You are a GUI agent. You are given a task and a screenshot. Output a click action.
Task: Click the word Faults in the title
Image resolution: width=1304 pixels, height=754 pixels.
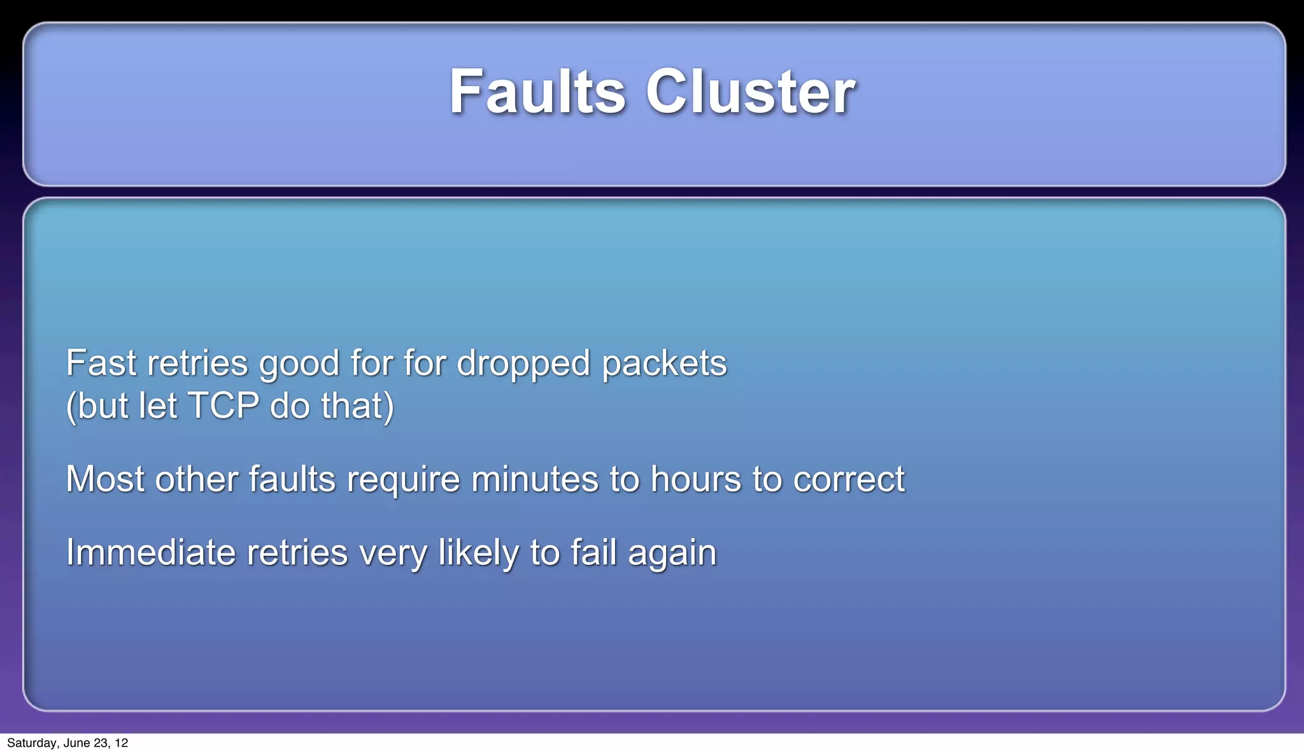(537, 92)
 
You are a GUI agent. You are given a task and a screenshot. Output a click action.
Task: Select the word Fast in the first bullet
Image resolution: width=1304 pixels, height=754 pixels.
(101, 363)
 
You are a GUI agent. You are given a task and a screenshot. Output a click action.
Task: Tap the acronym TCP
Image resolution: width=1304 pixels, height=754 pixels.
(223, 406)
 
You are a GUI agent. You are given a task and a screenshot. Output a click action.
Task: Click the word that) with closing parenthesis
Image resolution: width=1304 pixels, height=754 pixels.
(357, 406)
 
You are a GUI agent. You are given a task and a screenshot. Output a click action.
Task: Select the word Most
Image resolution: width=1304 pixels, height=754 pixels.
(105, 479)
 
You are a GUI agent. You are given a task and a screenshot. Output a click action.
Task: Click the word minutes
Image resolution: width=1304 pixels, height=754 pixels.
(535, 479)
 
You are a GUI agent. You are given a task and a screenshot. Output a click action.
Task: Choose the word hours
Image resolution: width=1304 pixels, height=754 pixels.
(695, 479)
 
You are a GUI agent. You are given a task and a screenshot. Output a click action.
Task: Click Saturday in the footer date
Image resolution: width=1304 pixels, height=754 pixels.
(32, 743)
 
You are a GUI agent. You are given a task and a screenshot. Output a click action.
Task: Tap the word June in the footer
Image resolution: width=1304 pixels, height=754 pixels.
(76, 743)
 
